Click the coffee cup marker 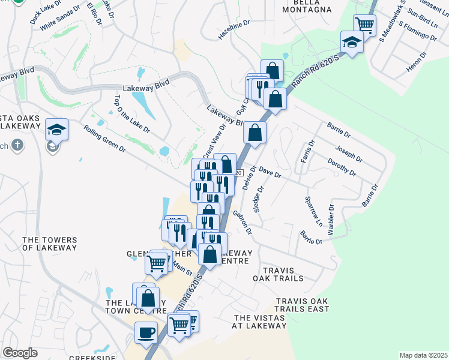(x=146, y=332)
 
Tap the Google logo (x=20, y=353)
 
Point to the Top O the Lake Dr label (x=123, y=113)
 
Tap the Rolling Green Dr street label (x=105, y=139)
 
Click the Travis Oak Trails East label (x=303, y=305)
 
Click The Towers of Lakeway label (x=50, y=244)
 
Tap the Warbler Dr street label (x=331, y=223)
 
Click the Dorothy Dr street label (x=341, y=167)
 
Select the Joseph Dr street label (x=349, y=154)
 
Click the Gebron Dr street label (x=244, y=221)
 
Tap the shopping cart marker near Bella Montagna (x=364, y=25)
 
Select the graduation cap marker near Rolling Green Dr (x=56, y=130)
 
